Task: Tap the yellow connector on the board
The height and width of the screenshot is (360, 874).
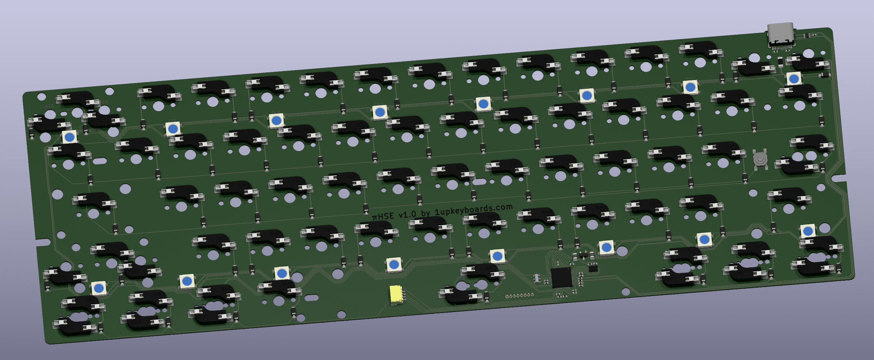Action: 396,294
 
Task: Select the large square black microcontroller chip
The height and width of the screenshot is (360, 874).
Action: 561,277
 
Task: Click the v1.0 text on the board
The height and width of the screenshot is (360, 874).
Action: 407,214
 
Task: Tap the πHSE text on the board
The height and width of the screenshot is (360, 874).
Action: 383,216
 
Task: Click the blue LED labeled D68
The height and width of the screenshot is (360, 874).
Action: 380,112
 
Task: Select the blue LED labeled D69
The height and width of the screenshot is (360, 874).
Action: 276,120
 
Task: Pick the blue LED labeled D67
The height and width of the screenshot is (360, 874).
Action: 483,104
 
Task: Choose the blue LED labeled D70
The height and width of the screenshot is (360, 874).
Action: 173,129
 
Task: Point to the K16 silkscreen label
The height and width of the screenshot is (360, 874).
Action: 50,106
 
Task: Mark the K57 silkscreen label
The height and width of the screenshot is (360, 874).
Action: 139,252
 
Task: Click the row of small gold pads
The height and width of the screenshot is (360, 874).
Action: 519,296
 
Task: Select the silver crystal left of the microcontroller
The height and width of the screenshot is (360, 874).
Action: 536,278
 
